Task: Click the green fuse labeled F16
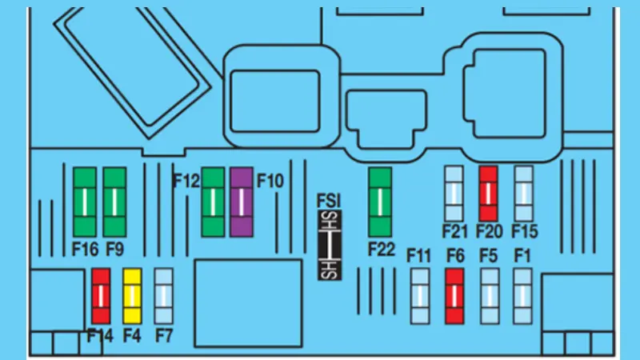[85, 202]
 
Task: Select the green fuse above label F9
[114, 202]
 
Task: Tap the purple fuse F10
[242, 202]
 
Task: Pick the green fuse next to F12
[213, 202]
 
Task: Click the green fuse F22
[380, 202]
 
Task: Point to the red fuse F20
[489, 193]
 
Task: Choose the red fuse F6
[454, 295]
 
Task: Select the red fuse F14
[101, 295]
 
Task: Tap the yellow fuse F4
[132, 295]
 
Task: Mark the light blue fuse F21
[454, 193]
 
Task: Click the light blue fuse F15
[524, 193]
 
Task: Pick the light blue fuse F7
[163, 295]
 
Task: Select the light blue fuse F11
[420, 295]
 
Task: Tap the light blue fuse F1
[523, 295]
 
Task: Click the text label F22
[382, 250]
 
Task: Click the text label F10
[270, 181]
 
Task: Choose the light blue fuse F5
[489, 295]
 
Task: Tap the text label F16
[84, 250]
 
